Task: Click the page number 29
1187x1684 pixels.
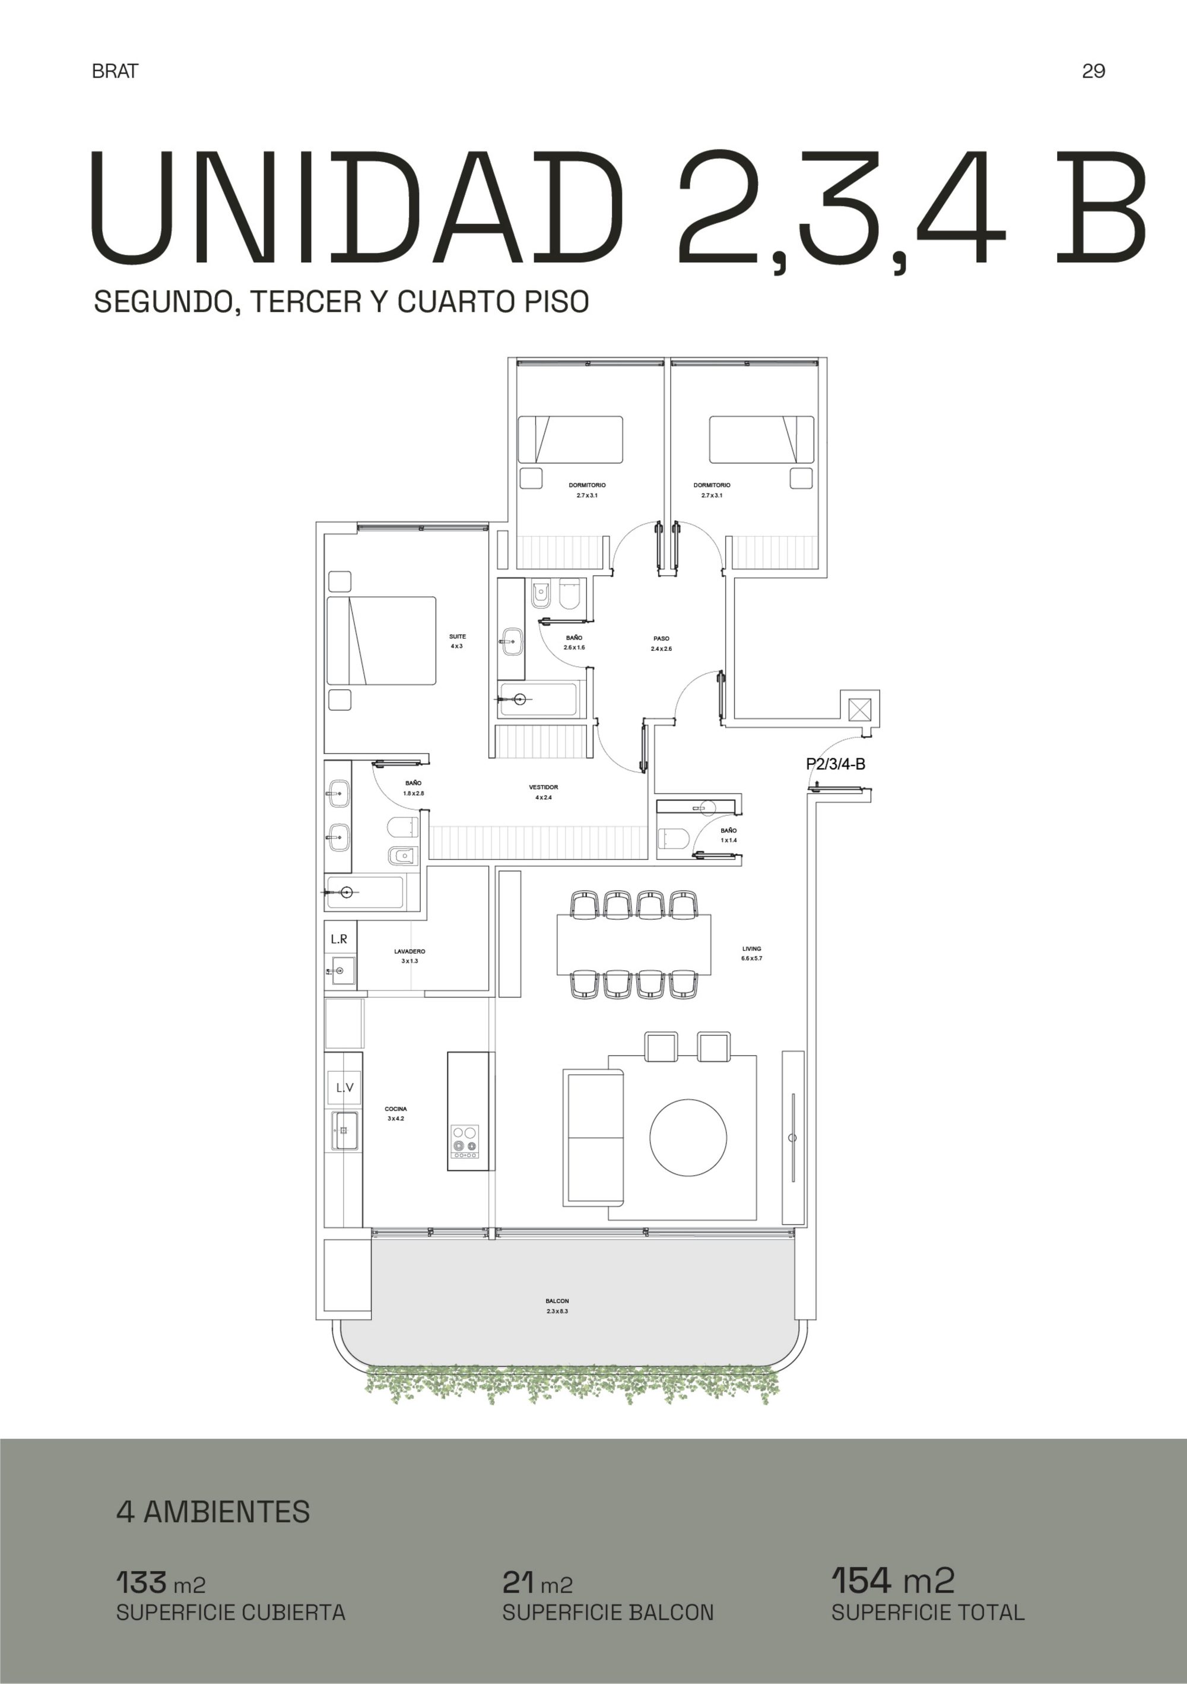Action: point(1093,71)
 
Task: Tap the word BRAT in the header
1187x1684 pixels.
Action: point(115,71)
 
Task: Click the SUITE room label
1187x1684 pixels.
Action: point(458,637)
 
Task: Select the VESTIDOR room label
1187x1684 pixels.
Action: point(543,787)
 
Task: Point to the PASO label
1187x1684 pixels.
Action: point(661,638)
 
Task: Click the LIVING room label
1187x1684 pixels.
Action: point(751,948)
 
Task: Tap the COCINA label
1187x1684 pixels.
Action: point(396,1109)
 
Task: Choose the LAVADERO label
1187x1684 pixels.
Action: point(409,951)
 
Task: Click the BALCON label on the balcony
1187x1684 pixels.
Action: point(557,1301)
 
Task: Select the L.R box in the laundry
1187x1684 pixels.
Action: point(340,939)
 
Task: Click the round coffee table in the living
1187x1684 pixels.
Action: point(688,1138)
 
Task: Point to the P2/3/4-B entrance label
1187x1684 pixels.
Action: point(836,764)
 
